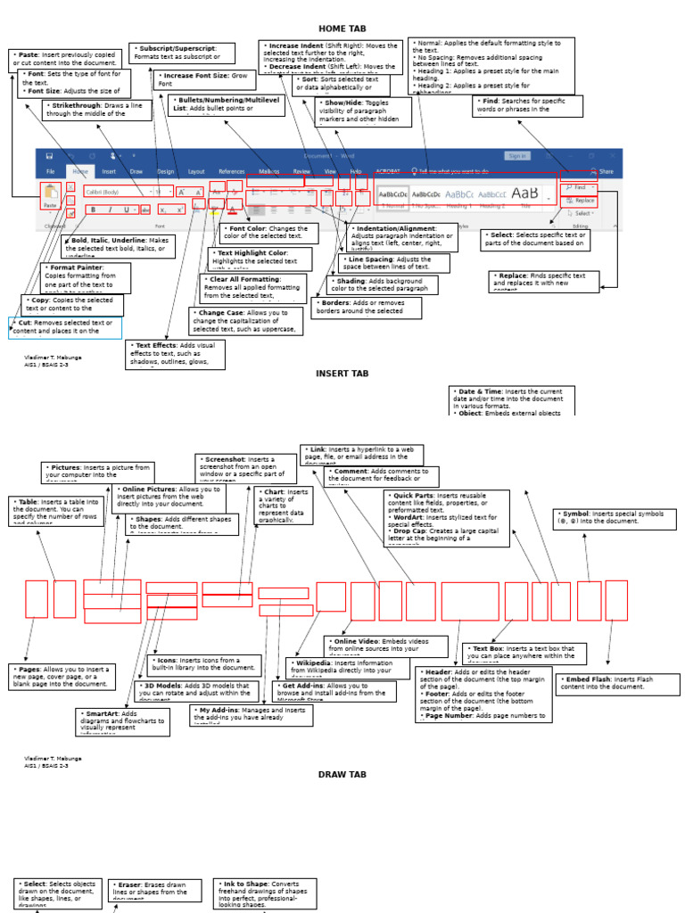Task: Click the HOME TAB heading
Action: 342,29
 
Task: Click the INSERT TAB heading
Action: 342,374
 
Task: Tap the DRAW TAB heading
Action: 342,775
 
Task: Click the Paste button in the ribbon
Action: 50,196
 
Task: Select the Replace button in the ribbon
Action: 579,202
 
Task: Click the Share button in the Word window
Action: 603,171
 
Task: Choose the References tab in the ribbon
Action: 232,171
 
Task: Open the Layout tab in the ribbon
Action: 196,171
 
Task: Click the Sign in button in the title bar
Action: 517,156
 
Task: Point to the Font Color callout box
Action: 268,234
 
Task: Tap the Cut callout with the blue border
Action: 65,327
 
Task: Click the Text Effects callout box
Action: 175,354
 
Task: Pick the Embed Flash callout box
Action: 617,684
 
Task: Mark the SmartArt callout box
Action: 122,721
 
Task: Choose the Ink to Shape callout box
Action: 266,893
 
